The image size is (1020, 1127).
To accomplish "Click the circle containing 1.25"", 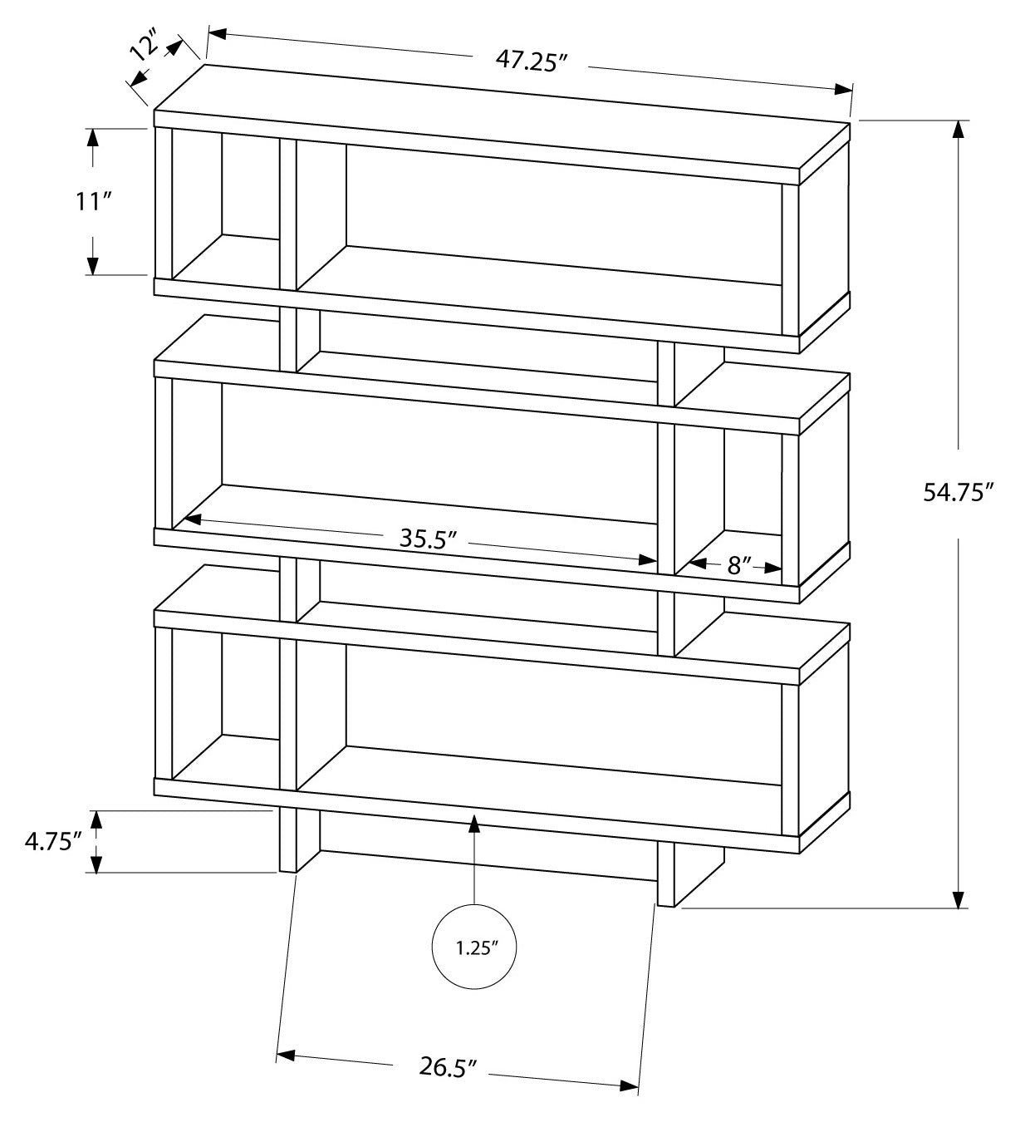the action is click(474, 949).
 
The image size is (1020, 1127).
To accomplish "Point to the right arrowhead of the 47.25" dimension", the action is click(843, 89).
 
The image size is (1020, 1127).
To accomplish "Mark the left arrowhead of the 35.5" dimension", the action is click(193, 519).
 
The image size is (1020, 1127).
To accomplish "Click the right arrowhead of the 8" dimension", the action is click(773, 568).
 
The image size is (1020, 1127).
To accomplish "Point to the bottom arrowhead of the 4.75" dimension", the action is click(96, 864).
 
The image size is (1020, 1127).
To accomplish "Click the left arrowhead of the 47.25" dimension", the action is click(218, 34).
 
